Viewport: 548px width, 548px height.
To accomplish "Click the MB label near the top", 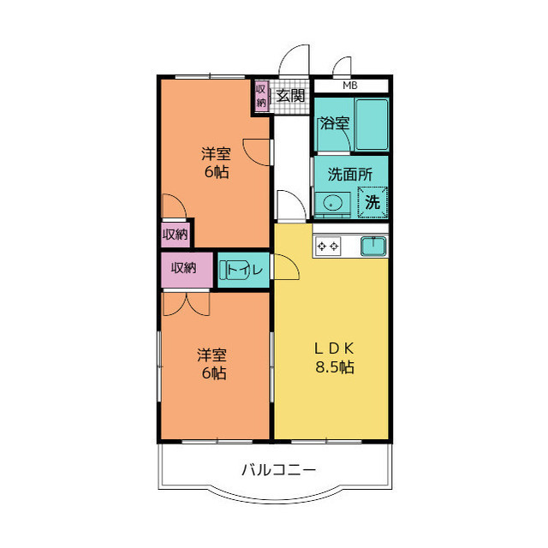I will (x=350, y=86).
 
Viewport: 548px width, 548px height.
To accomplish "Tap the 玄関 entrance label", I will (x=291, y=95).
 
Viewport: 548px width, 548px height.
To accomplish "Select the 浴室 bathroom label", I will (x=334, y=123).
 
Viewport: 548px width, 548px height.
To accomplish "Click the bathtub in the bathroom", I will (x=372, y=124).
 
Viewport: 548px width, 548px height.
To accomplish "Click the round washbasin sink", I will (x=331, y=203).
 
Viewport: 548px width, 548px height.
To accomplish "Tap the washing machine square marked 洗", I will (x=373, y=202).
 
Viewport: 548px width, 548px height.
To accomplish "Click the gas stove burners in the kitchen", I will (x=328, y=247).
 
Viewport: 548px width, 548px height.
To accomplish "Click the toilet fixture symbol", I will (x=232, y=270).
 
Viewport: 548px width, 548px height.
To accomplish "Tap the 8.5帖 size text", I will (x=333, y=368).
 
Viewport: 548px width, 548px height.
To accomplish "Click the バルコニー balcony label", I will (x=278, y=469).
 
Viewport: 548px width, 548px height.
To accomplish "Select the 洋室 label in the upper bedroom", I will (x=216, y=154).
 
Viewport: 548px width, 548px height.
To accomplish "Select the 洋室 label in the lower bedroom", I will (x=211, y=354).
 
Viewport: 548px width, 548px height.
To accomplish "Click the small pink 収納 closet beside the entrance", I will (x=261, y=96).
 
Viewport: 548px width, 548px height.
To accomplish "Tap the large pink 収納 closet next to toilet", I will (x=184, y=269).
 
